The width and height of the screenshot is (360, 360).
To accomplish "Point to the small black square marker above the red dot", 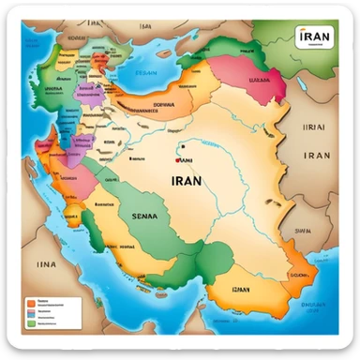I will click(184, 146).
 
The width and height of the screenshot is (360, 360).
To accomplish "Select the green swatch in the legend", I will click(32, 322).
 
